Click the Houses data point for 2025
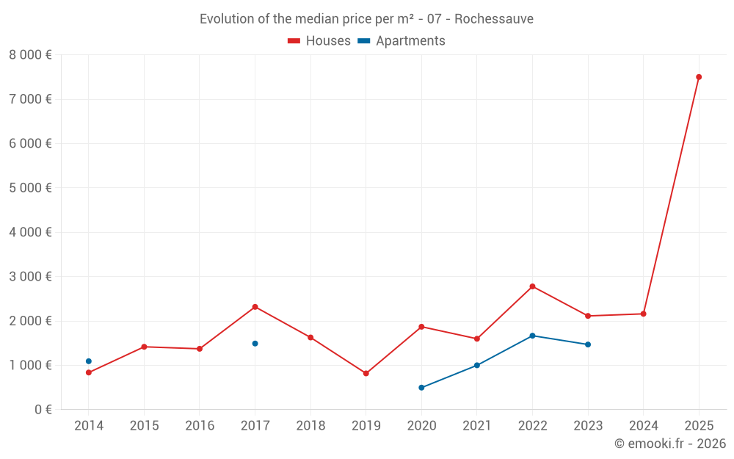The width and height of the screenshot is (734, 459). (x=699, y=77)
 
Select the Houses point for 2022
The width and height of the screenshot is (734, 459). (x=532, y=286)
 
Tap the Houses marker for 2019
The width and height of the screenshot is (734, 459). (x=366, y=373)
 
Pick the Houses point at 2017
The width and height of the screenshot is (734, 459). (x=255, y=307)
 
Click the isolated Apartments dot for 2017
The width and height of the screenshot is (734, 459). (x=255, y=344)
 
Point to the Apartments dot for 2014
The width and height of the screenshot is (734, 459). (x=89, y=361)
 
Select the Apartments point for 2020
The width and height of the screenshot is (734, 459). (x=421, y=388)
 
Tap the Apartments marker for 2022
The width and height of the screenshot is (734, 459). (x=532, y=336)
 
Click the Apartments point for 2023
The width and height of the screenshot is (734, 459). (x=588, y=344)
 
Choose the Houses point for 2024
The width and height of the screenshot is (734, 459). (x=643, y=314)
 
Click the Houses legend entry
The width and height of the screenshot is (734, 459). (x=319, y=41)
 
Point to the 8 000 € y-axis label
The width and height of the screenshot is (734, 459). (x=30, y=55)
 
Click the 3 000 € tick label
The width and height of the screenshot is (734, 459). (x=30, y=277)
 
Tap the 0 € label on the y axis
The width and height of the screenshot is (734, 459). (x=43, y=410)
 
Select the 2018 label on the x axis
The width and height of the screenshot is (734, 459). (x=310, y=426)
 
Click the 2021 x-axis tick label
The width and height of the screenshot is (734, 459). (x=477, y=426)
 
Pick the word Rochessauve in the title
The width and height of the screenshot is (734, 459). (x=494, y=19)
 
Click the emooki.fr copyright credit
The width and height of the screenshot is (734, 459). (x=670, y=444)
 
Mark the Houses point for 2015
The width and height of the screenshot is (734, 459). (x=144, y=347)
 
